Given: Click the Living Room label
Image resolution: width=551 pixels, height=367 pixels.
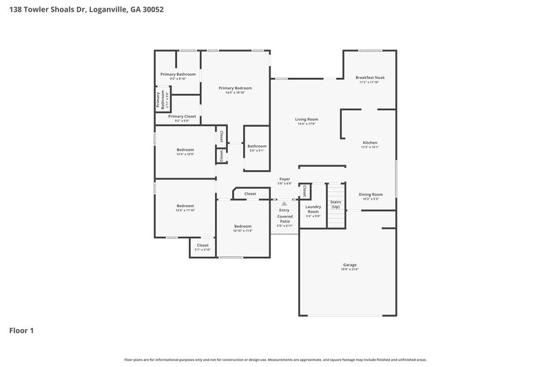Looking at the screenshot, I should click(x=306, y=119).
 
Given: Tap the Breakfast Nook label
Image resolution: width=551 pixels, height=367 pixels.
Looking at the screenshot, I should click(x=370, y=78).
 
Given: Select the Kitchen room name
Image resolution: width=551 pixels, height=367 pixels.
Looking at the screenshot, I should click(x=369, y=143).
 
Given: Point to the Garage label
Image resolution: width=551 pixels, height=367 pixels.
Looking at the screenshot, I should click(x=350, y=264).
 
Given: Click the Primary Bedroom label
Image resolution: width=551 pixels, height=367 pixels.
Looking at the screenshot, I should click(x=235, y=88).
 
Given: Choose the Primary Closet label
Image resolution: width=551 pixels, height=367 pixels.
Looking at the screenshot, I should click(x=182, y=116).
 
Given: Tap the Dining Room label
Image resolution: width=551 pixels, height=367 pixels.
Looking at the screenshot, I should click(x=370, y=194).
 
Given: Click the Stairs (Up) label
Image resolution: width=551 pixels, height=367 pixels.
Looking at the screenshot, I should click(x=335, y=205).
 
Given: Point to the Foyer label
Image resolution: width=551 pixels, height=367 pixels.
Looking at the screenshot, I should click(x=284, y=179).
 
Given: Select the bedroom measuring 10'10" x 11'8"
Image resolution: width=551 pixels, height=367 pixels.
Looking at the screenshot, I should click(x=242, y=229).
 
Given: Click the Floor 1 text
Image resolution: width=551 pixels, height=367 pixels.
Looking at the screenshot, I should click(x=21, y=331).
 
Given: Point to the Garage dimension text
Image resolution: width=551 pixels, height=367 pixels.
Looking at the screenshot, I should click(x=350, y=269).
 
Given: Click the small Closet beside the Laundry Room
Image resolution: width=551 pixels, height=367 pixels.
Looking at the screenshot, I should click(x=304, y=191).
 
